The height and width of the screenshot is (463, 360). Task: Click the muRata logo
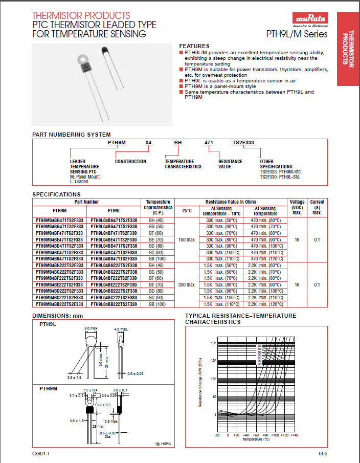[310, 20]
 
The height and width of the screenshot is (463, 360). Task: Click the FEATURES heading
[194, 46]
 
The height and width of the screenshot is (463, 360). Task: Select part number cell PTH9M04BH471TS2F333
[59, 219]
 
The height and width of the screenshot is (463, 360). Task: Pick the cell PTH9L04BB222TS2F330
[114, 304]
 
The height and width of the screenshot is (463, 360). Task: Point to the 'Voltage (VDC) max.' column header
[297, 207]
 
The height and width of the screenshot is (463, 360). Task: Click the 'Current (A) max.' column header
[317, 207]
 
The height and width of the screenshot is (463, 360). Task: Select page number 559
[323, 453]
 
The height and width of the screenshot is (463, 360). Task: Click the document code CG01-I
[40, 453]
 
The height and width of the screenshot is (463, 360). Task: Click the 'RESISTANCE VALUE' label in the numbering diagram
[230, 164]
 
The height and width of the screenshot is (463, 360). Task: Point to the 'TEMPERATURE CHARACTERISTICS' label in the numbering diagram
[183, 164]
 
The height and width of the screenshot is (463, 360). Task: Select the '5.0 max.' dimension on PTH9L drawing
[91, 328]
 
